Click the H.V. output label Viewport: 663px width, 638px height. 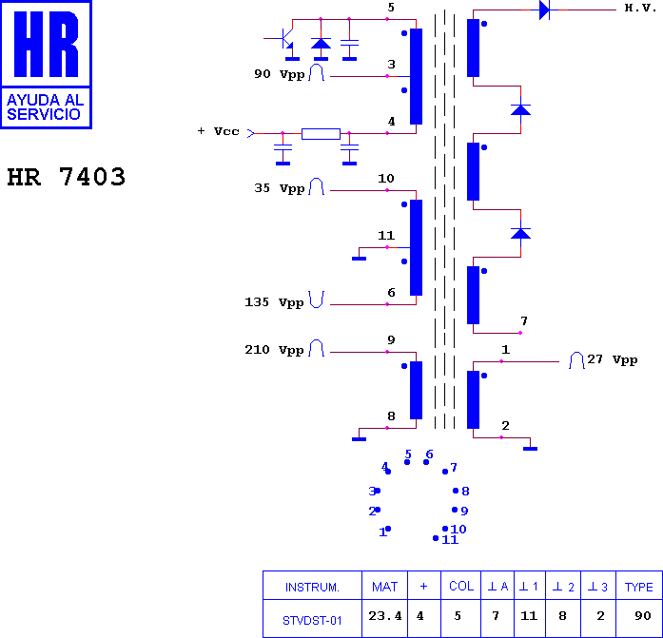(640, 8)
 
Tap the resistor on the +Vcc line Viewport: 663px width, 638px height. (321, 134)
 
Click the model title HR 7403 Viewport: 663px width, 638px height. (67, 177)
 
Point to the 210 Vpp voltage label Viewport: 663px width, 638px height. (274, 350)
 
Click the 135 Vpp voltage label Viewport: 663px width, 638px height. (274, 302)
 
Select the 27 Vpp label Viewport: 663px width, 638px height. (613, 359)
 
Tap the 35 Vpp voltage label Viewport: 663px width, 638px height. (279, 188)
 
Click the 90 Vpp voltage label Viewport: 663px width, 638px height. (279, 74)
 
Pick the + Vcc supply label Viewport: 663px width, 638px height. (218, 131)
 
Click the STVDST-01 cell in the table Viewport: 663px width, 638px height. (312, 621)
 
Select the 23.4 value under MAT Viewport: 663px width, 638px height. (385, 616)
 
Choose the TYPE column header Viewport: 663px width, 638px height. (639, 587)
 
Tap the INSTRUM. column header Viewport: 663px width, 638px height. (312, 588)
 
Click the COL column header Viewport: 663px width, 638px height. (461, 586)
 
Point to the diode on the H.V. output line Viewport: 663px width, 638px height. (545, 10)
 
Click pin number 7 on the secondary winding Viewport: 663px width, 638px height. (524, 321)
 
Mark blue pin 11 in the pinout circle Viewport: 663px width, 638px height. (450, 539)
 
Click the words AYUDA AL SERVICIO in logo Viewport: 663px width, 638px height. (46, 107)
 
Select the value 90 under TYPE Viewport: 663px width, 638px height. (643, 615)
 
